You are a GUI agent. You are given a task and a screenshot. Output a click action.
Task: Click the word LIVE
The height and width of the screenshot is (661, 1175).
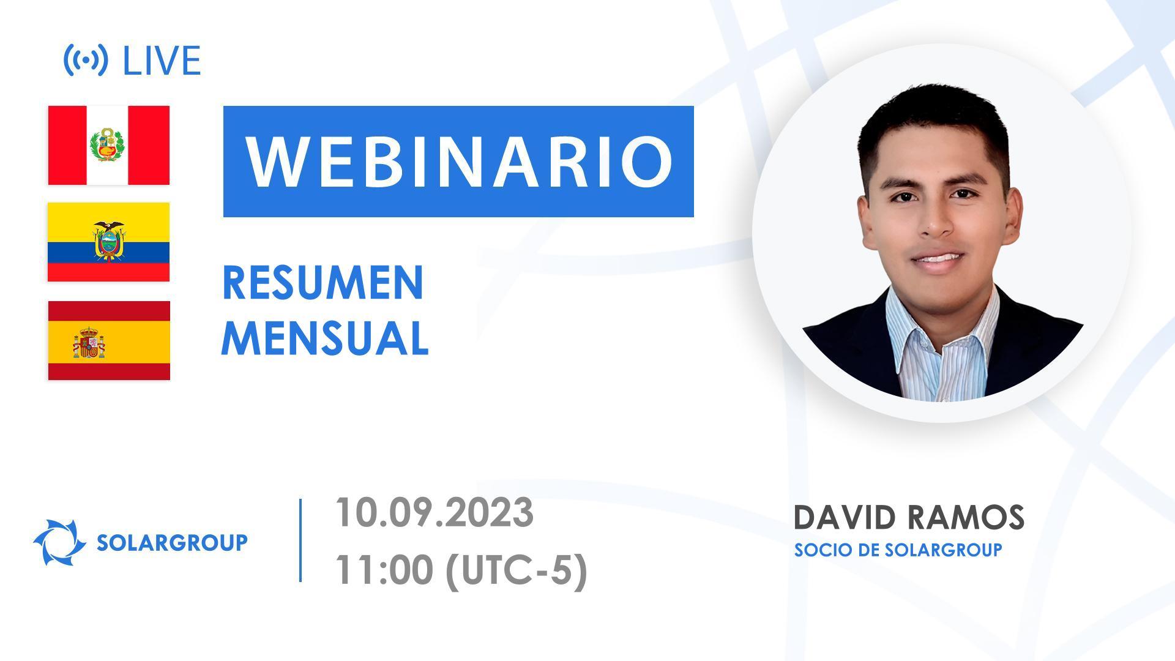click(162, 61)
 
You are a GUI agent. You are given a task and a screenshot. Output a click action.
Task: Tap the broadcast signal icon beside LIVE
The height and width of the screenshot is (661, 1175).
click(86, 60)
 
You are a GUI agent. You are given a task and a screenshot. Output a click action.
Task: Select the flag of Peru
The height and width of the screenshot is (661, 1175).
click(109, 145)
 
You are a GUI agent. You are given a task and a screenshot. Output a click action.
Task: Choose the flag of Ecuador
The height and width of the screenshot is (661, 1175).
click(109, 242)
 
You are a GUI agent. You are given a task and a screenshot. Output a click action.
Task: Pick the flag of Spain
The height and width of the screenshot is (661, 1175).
click(109, 340)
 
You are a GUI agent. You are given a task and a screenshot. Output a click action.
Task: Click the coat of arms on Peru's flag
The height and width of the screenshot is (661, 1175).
click(108, 145)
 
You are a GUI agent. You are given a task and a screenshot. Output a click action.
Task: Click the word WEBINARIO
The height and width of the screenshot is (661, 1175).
click(459, 161)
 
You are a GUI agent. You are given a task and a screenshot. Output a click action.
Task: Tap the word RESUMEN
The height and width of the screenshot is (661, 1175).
click(323, 283)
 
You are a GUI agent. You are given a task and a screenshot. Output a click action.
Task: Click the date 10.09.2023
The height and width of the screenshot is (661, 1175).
click(435, 512)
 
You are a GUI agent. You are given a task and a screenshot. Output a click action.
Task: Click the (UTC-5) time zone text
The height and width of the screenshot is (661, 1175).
click(516, 571)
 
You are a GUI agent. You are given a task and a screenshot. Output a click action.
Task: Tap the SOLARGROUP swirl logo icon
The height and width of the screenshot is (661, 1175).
click(59, 542)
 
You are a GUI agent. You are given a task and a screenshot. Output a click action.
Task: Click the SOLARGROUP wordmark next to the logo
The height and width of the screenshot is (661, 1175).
click(172, 542)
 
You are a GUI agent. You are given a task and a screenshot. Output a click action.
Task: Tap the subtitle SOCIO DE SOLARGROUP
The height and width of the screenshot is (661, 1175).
click(898, 550)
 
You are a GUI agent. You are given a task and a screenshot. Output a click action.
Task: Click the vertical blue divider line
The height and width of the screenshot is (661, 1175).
click(300, 540)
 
